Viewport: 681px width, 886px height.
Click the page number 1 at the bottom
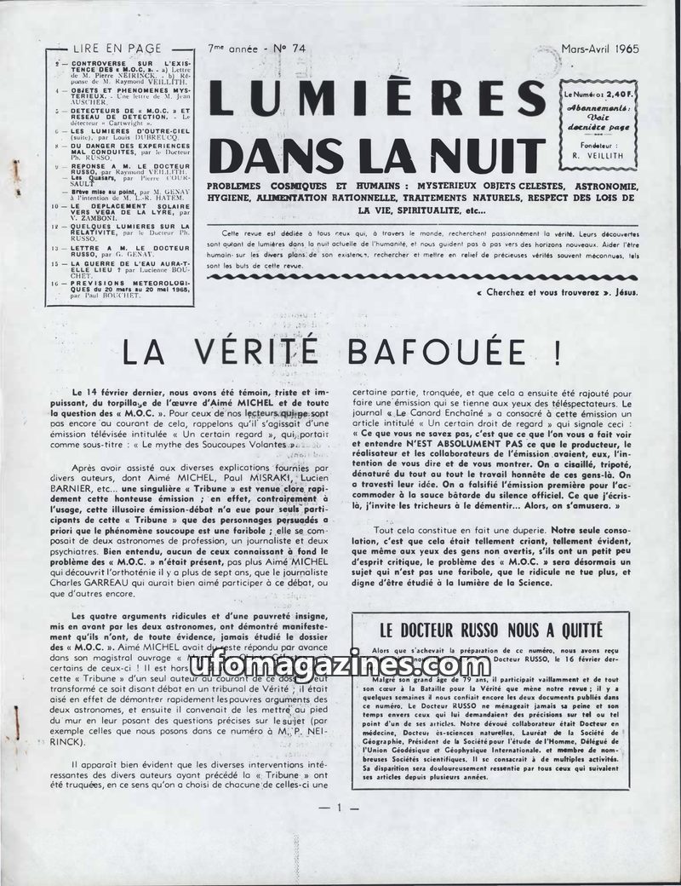tap(338, 807)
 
